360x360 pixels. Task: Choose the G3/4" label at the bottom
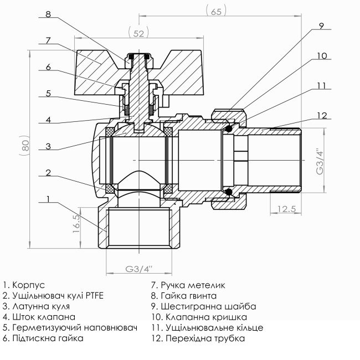click(x=138, y=269)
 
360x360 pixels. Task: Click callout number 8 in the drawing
click(x=49, y=14)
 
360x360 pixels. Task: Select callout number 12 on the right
click(x=321, y=115)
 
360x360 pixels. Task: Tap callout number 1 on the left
click(x=49, y=198)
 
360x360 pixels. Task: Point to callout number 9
click(x=321, y=25)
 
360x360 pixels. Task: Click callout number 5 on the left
click(x=49, y=94)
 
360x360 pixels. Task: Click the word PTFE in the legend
click(x=94, y=296)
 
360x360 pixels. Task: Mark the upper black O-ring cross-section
click(x=228, y=128)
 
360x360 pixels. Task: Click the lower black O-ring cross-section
click(x=228, y=192)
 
